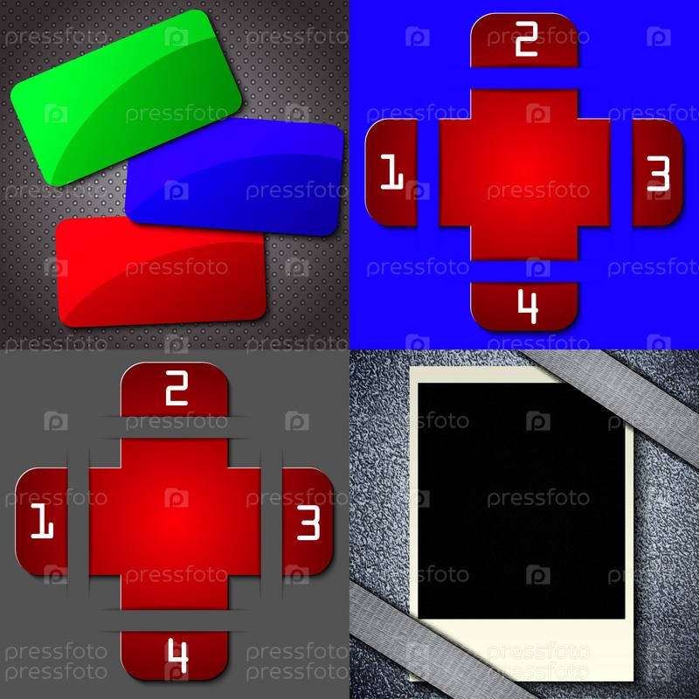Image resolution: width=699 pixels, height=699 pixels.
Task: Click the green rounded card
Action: coord(126,97)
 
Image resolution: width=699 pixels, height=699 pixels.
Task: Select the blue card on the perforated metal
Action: coord(234,176)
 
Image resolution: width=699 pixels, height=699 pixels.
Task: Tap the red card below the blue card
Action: coord(162,272)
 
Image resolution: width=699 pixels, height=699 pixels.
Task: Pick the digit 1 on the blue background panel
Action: coord(391,171)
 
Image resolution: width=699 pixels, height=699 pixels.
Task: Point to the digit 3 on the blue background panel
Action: coord(658,173)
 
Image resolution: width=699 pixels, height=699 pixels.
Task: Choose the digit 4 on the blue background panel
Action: coord(528,307)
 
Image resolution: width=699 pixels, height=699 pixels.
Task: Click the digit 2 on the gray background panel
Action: coord(176,388)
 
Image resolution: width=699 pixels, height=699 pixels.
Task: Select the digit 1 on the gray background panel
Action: coord(42,521)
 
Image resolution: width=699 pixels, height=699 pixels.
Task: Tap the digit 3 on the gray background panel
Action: coord(308,523)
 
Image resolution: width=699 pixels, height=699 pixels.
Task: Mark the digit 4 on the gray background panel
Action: coord(178,656)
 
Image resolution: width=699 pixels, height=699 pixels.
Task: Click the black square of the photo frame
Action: coord(521,501)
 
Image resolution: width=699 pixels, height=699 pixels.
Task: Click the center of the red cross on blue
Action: coord(524,173)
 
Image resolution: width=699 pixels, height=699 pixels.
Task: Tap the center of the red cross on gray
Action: coord(175,523)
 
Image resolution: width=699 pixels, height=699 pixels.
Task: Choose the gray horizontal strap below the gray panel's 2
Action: coord(175,427)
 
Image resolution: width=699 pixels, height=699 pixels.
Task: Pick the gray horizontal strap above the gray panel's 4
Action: coord(175,620)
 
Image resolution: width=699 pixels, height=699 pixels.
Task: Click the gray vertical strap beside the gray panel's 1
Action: coord(79,523)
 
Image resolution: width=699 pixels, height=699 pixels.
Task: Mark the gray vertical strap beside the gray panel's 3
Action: coord(272,523)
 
